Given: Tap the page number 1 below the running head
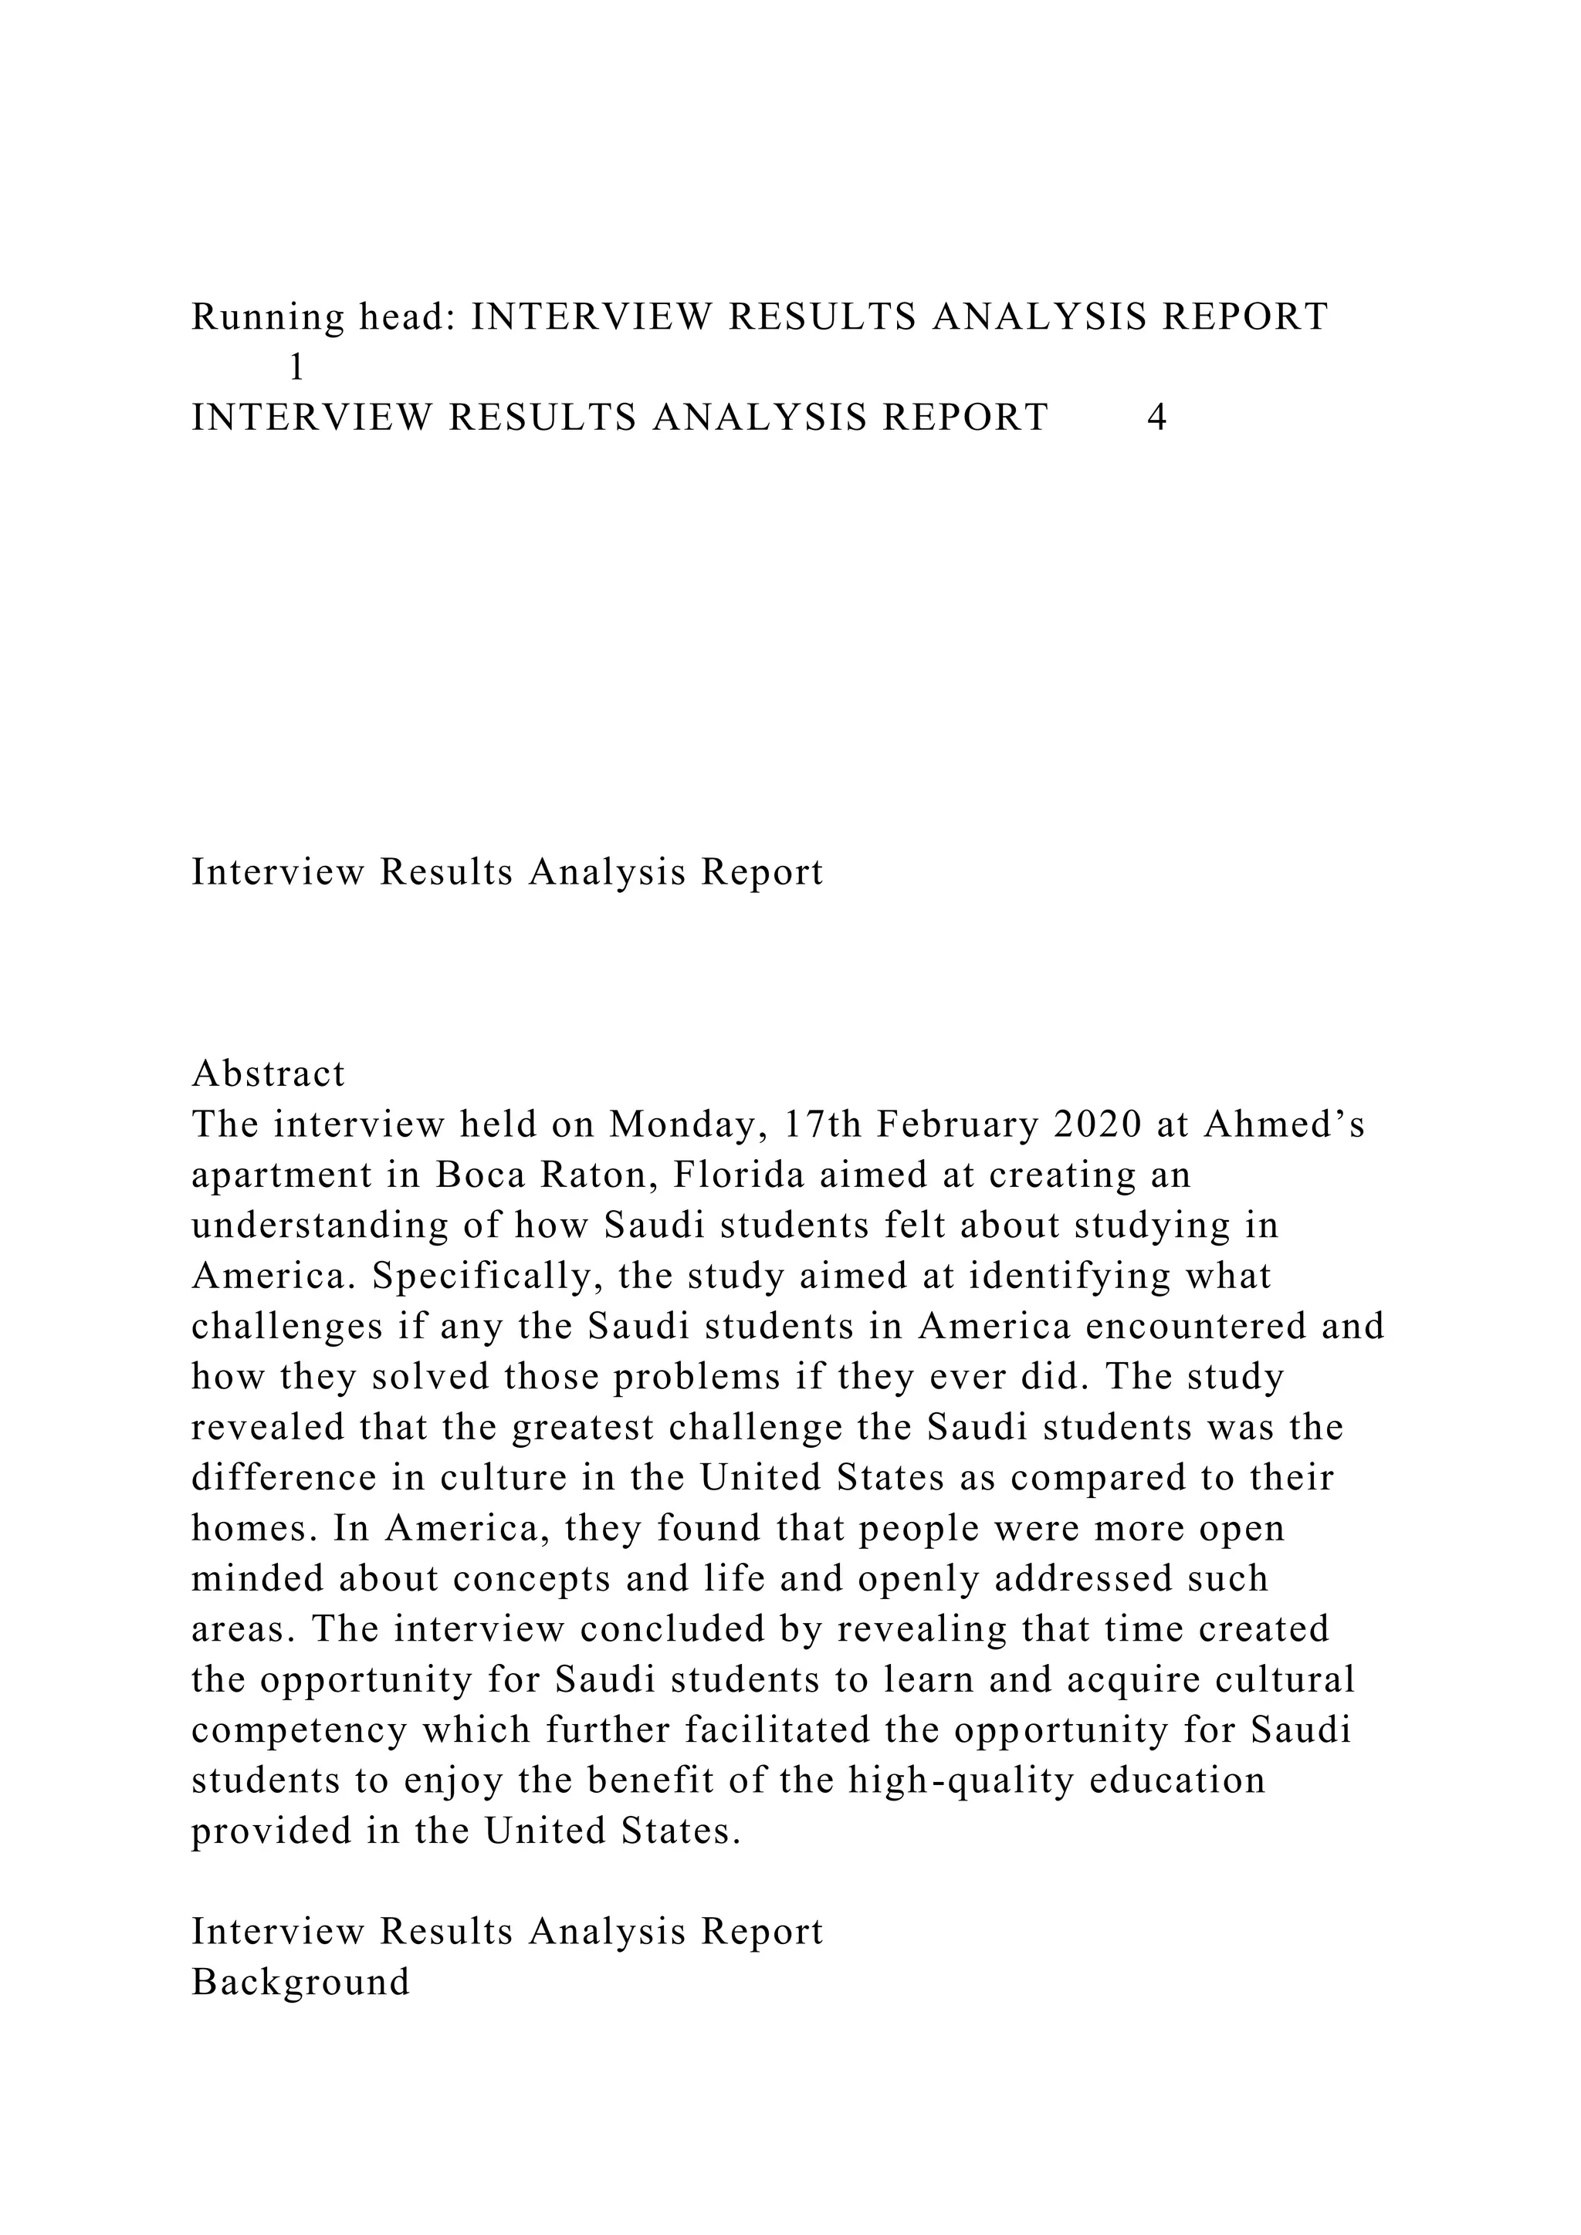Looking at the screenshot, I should (x=297, y=368).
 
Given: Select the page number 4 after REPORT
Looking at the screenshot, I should (x=1157, y=418).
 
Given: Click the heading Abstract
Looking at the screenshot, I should (x=269, y=1074).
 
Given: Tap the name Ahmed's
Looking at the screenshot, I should (x=1284, y=1124).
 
